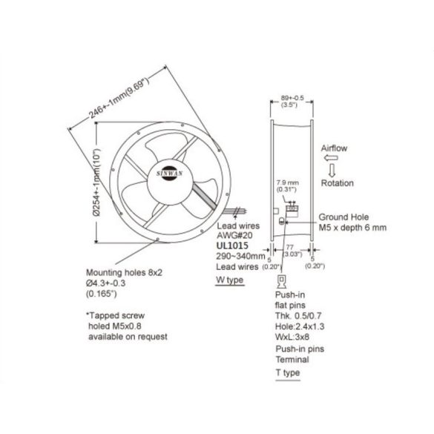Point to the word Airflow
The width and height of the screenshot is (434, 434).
(x=333, y=148)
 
